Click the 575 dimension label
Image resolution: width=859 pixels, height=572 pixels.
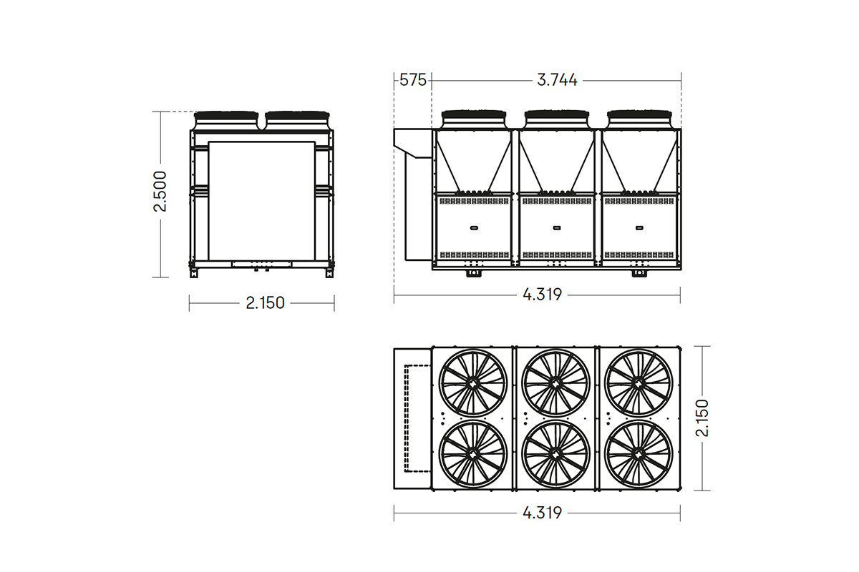pos(412,80)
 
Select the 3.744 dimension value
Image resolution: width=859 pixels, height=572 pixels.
pos(557,81)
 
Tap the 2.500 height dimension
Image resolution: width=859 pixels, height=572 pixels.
pos(160,192)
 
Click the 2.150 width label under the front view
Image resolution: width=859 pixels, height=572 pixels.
pos(265,303)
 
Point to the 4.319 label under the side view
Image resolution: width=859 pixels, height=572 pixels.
pos(543,295)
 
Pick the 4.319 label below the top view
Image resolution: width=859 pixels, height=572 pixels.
pos(543,513)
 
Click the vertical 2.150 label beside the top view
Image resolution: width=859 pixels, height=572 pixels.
pos(702,418)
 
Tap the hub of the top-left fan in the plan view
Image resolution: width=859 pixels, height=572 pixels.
pos(473,383)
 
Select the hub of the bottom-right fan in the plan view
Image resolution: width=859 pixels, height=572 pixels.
pos(639,455)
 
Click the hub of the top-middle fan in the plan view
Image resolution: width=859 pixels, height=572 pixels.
pos(556,383)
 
